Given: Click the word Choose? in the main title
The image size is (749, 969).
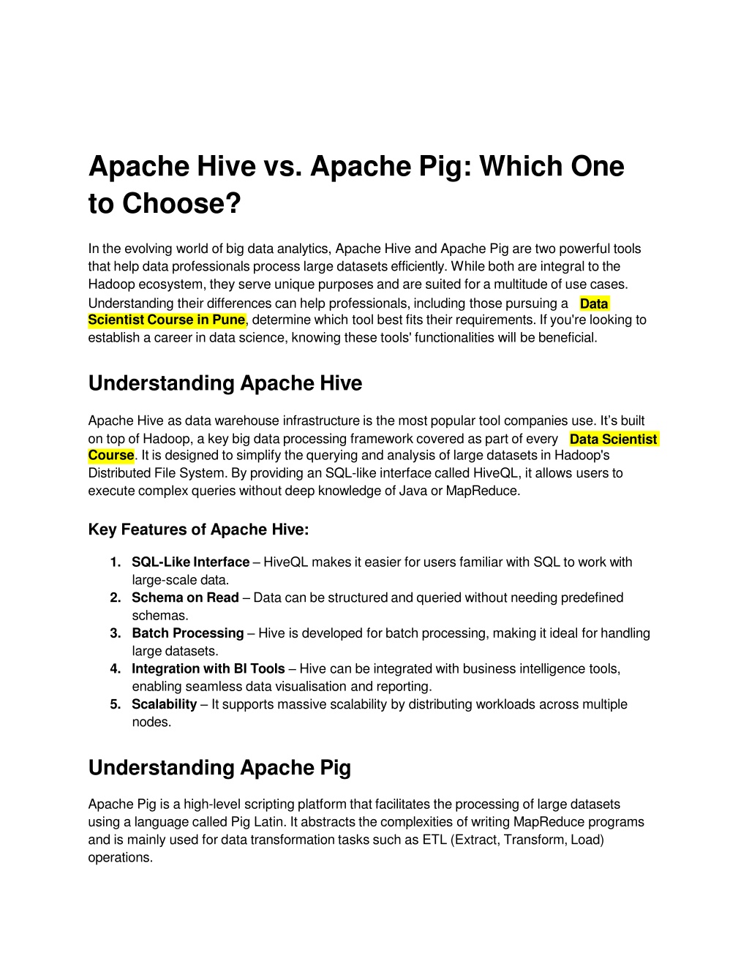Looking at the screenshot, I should [181, 203].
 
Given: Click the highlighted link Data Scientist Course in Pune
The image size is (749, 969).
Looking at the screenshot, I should [166, 320].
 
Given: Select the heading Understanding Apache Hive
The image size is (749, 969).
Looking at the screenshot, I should [225, 383].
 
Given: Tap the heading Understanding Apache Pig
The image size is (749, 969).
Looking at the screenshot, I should [219, 767].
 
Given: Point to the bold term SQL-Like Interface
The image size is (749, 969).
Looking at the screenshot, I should [190, 562].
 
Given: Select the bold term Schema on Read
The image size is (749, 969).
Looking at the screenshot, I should [185, 597].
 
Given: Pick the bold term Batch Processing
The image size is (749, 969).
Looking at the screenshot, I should [187, 633].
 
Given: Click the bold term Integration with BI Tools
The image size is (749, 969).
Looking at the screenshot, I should [208, 668].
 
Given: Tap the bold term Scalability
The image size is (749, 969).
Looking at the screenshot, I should [164, 704].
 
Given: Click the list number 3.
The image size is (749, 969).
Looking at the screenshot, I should [116, 633].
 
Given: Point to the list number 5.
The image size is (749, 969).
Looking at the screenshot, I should [116, 704].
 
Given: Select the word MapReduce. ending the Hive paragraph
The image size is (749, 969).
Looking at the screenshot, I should [483, 491].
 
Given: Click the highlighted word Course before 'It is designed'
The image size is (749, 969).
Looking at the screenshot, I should [111, 456].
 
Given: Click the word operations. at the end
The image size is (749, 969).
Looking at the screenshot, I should [120, 857].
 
